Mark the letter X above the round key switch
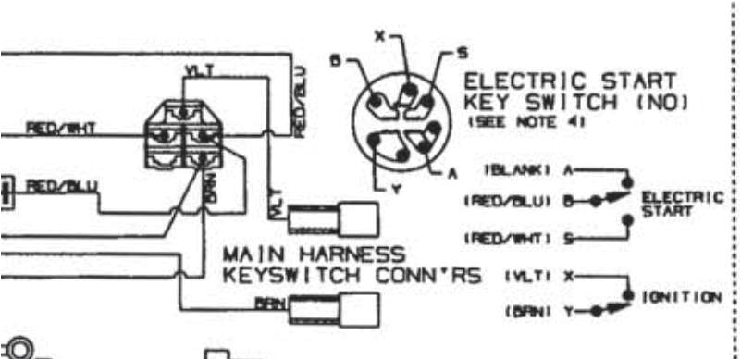coord(378,36)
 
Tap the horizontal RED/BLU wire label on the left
coord(60,185)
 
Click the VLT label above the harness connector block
coord(197,70)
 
